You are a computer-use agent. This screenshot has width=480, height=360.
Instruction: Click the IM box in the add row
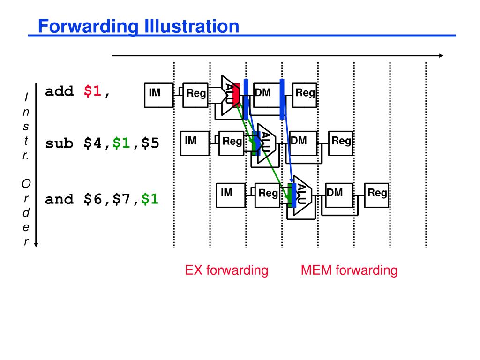(x=158, y=96)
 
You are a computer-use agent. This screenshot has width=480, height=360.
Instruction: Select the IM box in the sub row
(x=194, y=143)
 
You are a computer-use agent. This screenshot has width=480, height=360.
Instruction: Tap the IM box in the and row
(x=229, y=195)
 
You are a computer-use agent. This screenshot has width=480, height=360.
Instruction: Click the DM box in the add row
(x=265, y=96)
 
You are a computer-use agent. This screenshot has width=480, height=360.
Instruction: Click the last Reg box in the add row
(x=305, y=96)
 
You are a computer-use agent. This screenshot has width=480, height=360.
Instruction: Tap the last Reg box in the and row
(x=377, y=195)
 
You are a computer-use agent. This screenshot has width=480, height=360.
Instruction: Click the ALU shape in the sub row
(x=263, y=143)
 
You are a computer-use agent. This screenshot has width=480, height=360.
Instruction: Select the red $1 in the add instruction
(x=93, y=91)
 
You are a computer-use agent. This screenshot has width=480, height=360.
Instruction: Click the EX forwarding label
(x=226, y=270)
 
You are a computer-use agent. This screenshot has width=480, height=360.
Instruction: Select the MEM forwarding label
(x=349, y=270)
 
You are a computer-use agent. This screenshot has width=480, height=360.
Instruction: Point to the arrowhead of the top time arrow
(x=441, y=55)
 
